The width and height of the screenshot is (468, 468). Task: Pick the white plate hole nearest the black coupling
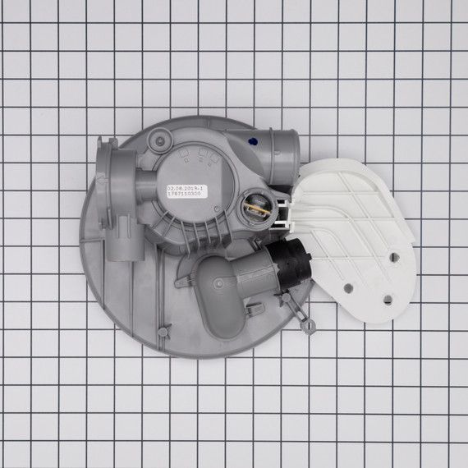(349, 287)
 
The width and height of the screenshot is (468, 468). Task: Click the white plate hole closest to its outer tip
(395, 256)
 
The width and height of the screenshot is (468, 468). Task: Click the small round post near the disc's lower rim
(164, 331)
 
